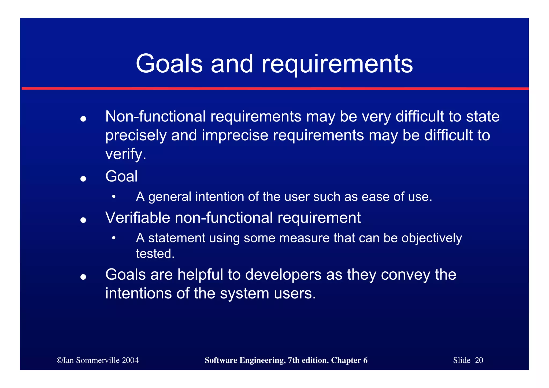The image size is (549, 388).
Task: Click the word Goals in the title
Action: pyautogui.click(x=169, y=64)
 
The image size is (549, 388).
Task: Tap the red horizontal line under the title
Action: pyautogui.click(x=274, y=88)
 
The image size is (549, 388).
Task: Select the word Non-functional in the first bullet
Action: pyautogui.click(x=155, y=117)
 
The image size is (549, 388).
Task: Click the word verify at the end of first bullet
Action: pyautogui.click(x=124, y=154)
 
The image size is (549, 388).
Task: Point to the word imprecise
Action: pyautogui.click(x=235, y=135)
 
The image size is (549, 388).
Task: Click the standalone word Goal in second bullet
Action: pyautogui.click(x=121, y=176)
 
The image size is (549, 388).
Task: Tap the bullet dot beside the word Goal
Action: pyautogui.click(x=83, y=179)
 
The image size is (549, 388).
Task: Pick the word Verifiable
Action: pyautogui.click(x=138, y=217)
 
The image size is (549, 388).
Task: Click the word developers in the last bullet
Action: pyautogui.click(x=283, y=275)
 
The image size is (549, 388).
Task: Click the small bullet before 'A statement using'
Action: pyautogui.click(x=114, y=238)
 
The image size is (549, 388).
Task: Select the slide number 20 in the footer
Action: pyautogui.click(x=479, y=360)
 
